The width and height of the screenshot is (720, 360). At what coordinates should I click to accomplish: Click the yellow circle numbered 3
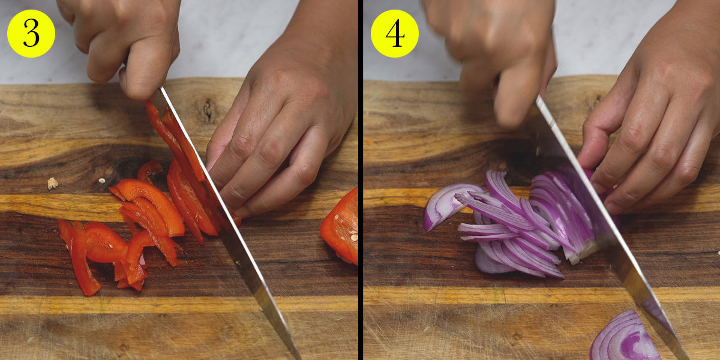tap(31, 34)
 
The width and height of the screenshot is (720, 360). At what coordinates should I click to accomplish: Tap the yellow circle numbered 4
tap(395, 34)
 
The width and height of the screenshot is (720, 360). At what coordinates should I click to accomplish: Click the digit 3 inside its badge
tap(31, 34)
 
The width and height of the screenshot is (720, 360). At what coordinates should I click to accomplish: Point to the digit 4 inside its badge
tap(395, 34)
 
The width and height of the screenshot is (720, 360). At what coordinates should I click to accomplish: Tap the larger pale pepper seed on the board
tap(52, 184)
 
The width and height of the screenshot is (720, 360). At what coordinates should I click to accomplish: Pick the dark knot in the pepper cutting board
tap(208, 111)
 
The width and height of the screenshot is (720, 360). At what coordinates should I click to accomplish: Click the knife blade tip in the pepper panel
tap(298, 358)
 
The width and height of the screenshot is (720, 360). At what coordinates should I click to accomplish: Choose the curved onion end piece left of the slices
tap(448, 205)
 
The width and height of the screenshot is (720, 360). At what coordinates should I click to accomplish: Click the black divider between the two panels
tap(361, 180)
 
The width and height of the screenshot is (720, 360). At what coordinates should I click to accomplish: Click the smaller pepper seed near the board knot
tap(102, 181)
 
